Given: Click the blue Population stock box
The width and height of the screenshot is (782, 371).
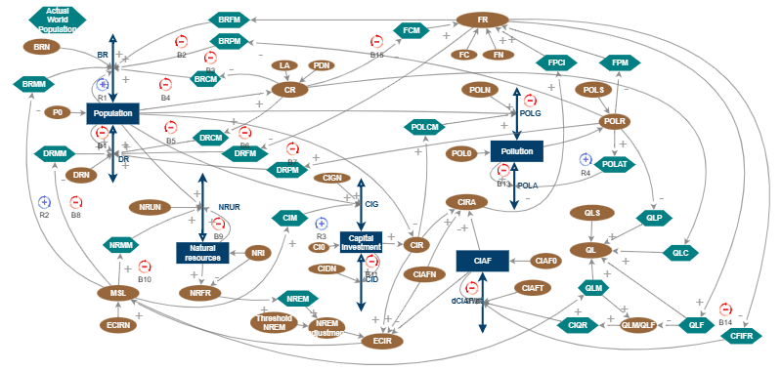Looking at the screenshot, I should click(x=113, y=114).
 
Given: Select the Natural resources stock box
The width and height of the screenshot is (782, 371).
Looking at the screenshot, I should click(x=202, y=252).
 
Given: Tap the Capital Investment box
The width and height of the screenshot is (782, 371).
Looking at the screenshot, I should click(x=360, y=240).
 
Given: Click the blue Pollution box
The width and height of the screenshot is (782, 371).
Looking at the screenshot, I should click(x=516, y=152).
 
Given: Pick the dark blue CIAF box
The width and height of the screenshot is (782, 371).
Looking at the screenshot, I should click(x=482, y=261).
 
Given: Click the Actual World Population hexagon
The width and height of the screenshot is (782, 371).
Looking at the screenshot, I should click(x=58, y=19).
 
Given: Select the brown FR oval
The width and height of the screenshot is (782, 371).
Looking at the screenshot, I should click(x=483, y=20).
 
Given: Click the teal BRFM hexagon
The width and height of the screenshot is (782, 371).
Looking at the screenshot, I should click(x=230, y=20).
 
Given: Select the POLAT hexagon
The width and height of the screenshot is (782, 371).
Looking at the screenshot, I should click(x=615, y=163).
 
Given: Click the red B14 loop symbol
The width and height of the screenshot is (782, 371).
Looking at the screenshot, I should click(x=725, y=309).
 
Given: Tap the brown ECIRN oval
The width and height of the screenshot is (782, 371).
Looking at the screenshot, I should click(x=123, y=324).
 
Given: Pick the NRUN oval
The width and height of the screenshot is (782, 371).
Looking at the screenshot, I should click(x=154, y=207).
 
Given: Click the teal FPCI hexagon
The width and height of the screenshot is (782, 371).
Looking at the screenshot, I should click(x=556, y=62).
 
